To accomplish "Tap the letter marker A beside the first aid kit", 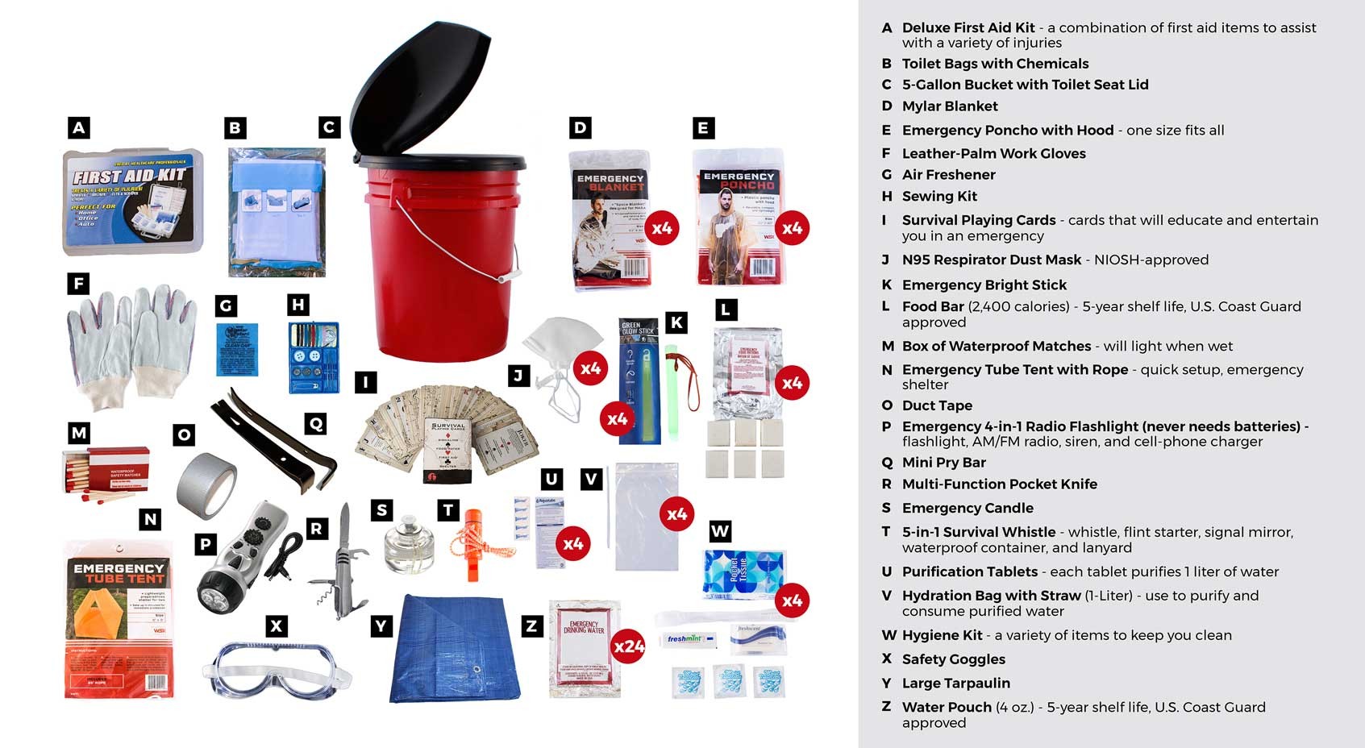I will tap(78, 127).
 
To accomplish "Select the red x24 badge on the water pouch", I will tap(628, 646).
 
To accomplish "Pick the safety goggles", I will tap(277, 669).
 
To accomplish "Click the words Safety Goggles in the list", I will tap(953, 659).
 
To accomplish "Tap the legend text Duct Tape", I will tap(937, 405).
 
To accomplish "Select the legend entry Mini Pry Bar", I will tap(943, 463).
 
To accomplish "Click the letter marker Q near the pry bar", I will tap(315, 423).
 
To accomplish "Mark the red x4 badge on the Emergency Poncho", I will tap(792, 228).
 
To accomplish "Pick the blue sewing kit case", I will tap(314, 357).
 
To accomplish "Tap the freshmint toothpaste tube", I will tap(688, 639).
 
